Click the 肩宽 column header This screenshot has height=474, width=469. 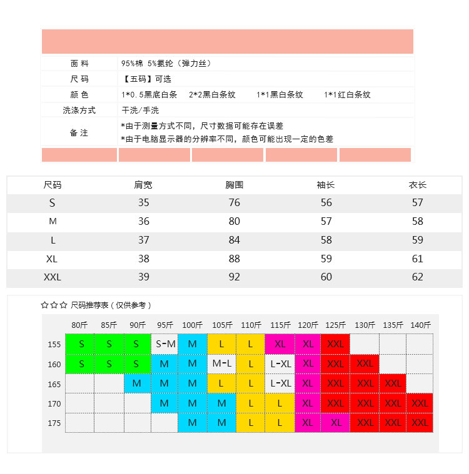pyautogui.click(x=143, y=185)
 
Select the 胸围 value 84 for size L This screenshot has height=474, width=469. pyautogui.click(x=234, y=240)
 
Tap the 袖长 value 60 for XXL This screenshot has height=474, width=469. pyautogui.click(x=326, y=277)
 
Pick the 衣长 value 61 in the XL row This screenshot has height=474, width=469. pyautogui.click(x=418, y=258)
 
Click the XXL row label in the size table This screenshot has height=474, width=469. pyautogui.click(x=53, y=277)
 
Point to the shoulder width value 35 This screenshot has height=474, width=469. pyautogui.click(x=144, y=202)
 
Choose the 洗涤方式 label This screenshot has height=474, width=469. pyautogui.click(x=79, y=111)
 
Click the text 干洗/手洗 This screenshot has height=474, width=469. pyautogui.click(x=140, y=111)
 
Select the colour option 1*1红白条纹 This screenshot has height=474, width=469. pyautogui.click(x=347, y=95)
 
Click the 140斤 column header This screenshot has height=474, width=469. pyautogui.click(x=421, y=325)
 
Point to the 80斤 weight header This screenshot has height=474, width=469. pyautogui.click(x=80, y=325)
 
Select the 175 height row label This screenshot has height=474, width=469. pyautogui.click(x=54, y=423)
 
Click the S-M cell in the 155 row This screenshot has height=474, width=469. pyautogui.click(x=165, y=344)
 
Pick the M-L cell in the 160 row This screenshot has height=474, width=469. pyautogui.click(x=221, y=363)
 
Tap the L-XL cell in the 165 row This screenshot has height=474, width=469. pyautogui.click(x=280, y=383)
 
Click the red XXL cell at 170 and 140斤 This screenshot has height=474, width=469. pyautogui.click(x=420, y=403)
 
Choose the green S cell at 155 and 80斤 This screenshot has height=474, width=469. pyautogui.click(x=80, y=344)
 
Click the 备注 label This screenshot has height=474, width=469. pyautogui.click(x=79, y=133)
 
